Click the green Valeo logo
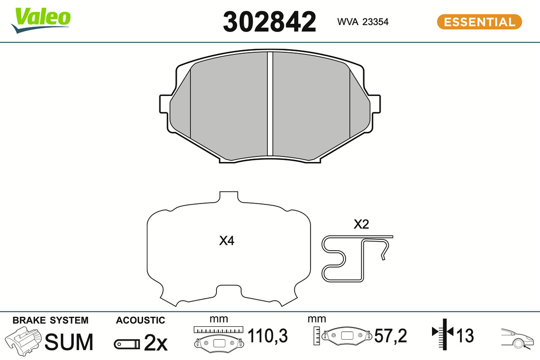41,20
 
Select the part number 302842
270,22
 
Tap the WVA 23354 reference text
363,22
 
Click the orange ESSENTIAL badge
480,22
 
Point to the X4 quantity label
227,241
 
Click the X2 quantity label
361,224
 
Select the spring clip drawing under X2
357,259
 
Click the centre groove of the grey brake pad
270,104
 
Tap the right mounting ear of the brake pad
375,104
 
